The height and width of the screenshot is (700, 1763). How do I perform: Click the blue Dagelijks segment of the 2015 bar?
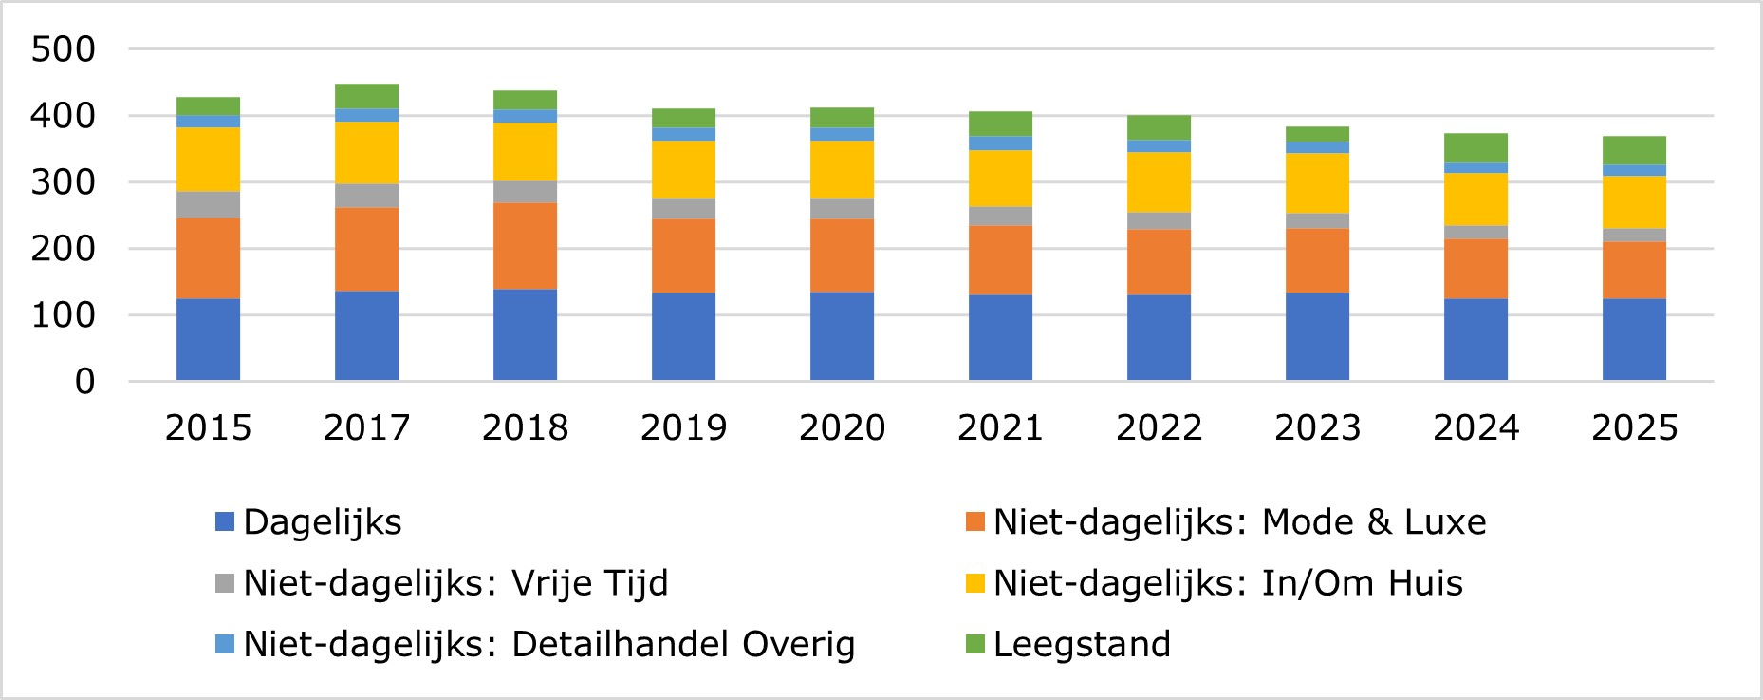click(208, 339)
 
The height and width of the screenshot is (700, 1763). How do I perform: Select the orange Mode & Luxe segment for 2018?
click(525, 246)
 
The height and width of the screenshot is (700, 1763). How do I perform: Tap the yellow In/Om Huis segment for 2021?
click(1000, 179)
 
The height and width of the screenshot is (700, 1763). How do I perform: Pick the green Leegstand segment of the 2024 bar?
click(1475, 148)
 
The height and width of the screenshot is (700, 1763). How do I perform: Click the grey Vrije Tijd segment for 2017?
click(366, 196)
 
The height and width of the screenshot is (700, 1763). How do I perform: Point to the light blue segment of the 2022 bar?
click(1159, 146)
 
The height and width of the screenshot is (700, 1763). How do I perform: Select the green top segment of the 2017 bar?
click(366, 96)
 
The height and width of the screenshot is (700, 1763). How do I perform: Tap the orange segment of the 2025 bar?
click(1634, 270)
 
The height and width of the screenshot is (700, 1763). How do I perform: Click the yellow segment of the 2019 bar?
click(683, 169)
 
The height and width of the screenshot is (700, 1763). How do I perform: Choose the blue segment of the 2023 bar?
click(1317, 336)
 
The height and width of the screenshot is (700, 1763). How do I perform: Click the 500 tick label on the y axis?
click(63, 49)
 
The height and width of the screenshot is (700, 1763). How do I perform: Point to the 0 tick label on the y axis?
click(84, 382)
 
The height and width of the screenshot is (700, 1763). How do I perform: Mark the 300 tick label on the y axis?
click(63, 182)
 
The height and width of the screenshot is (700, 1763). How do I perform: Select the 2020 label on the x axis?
click(842, 428)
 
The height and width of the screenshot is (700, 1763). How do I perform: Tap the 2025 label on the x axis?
click(1634, 428)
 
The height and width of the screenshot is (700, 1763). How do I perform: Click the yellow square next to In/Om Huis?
click(974, 583)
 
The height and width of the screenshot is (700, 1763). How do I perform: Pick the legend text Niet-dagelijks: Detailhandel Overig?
click(548, 645)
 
